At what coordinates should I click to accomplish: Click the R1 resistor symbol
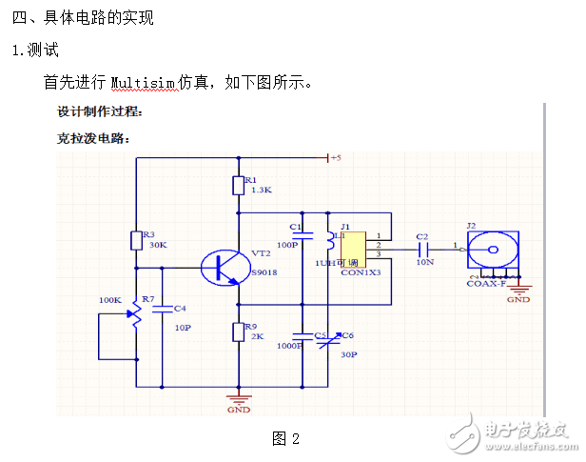tap(238, 185)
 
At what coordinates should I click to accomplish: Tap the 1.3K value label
tap(261, 190)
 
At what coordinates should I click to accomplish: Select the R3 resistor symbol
tap(136, 240)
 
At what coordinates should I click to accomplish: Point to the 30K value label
tap(158, 245)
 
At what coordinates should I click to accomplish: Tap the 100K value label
tap(110, 300)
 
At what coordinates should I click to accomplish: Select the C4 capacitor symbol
tap(162, 309)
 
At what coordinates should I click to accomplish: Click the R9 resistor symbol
tap(238, 332)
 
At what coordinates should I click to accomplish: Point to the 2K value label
tap(257, 337)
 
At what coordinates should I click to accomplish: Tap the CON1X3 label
tap(361, 272)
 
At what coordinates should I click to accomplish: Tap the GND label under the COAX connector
tap(518, 299)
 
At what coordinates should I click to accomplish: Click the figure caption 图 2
tap(285, 438)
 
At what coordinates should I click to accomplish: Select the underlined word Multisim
tap(144, 82)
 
